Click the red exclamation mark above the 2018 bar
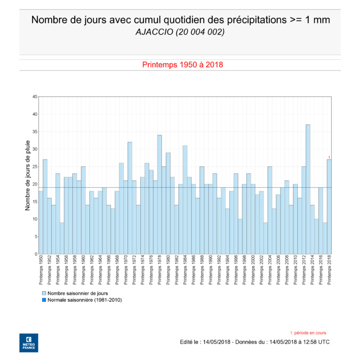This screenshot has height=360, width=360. click(329, 157)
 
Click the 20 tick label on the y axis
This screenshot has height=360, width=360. click(34, 185)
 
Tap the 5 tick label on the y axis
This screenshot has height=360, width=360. click(35, 237)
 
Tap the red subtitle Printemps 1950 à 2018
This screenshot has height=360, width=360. click(182, 65)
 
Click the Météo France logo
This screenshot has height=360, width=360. click(28, 342)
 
